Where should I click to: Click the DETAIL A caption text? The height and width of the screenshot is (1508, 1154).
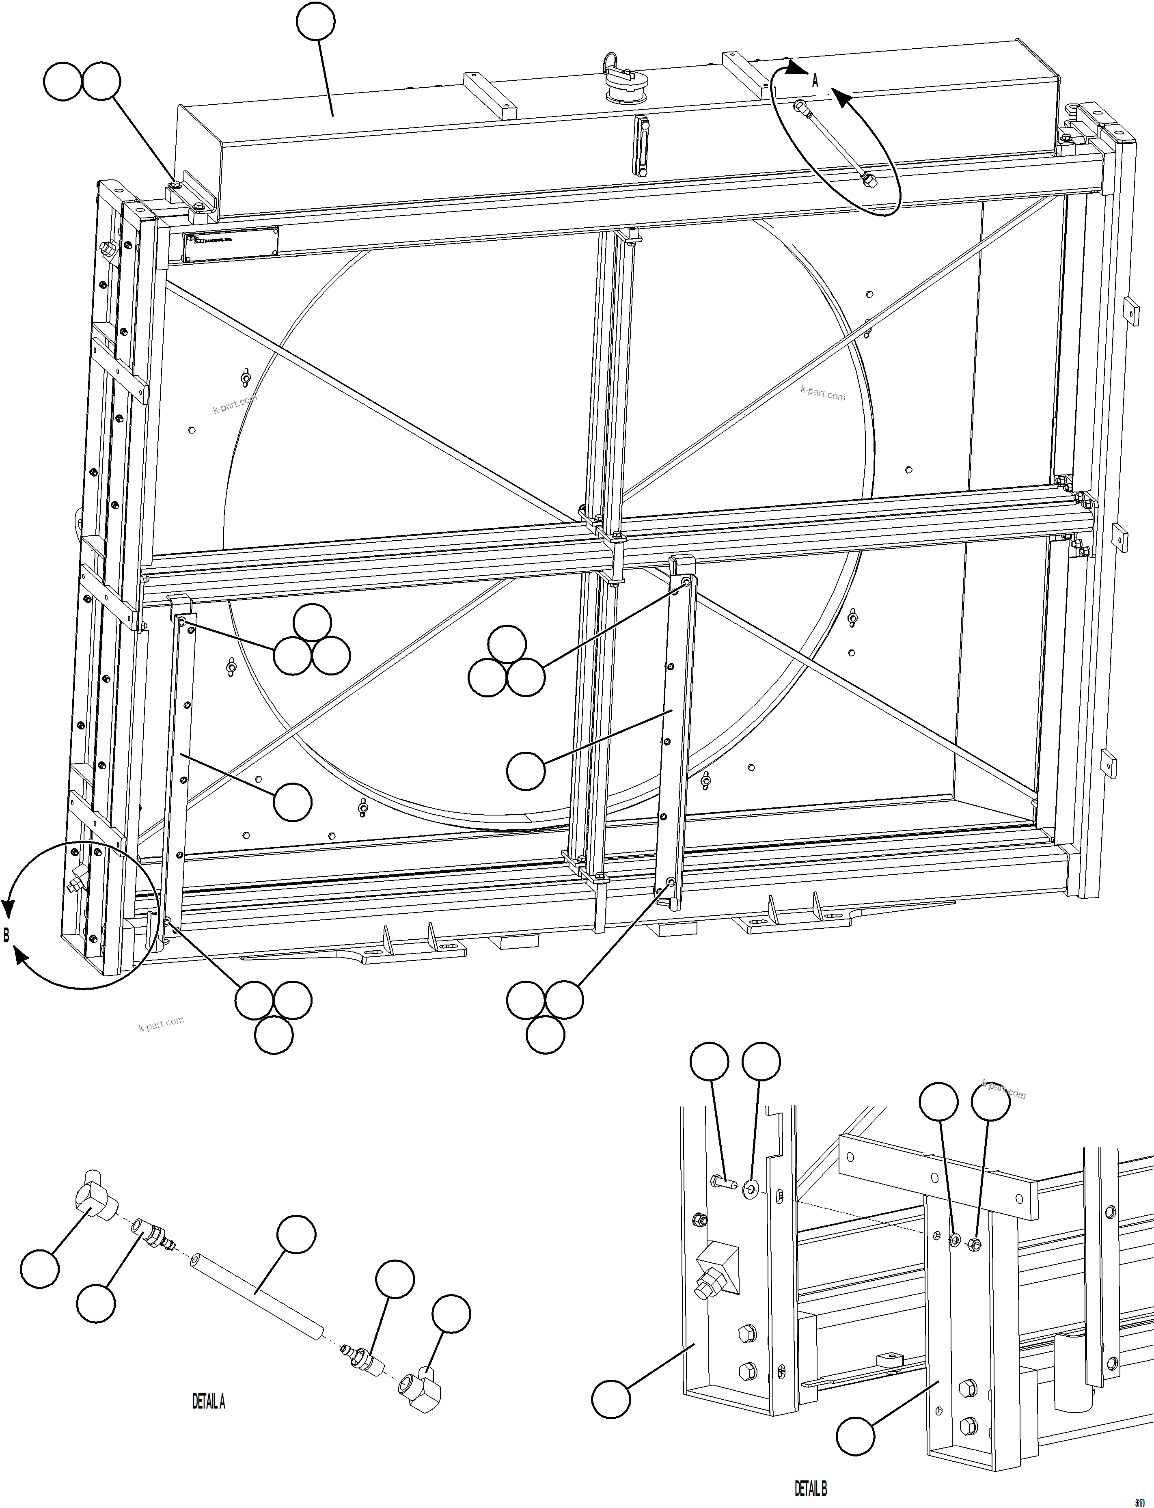pyautogui.click(x=209, y=1402)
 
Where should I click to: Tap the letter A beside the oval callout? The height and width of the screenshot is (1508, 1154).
pyautogui.click(x=815, y=81)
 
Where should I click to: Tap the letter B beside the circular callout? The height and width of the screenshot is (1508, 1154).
pyautogui.click(x=7, y=935)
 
